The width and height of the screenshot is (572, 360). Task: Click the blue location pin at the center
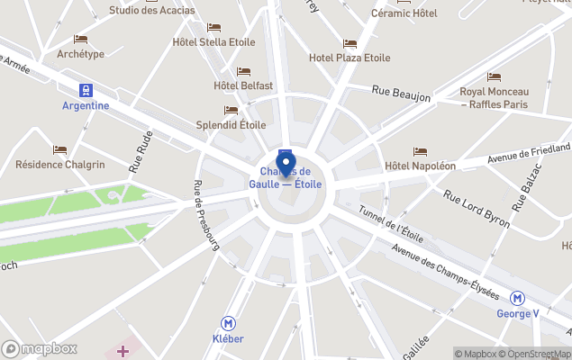pyautogui.click(x=286, y=166)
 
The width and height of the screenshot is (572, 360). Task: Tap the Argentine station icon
pyautogui.click(x=86, y=90)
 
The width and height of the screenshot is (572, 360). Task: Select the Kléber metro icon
pyautogui.click(x=230, y=323)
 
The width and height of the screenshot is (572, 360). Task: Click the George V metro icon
pyautogui.click(x=517, y=299)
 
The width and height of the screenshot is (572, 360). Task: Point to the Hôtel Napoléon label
pyautogui.click(x=420, y=166)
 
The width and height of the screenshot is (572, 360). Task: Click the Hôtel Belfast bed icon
pyautogui.click(x=243, y=72)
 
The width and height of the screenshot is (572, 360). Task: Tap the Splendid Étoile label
pyautogui.click(x=231, y=125)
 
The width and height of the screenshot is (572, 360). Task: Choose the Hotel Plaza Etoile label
pyautogui.click(x=350, y=58)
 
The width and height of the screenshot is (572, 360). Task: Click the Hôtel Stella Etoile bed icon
pyautogui.click(x=213, y=28)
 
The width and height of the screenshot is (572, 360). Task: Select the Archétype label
pyautogui.click(x=80, y=54)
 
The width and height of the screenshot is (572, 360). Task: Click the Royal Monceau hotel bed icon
pyautogui.click(x=494, y=77)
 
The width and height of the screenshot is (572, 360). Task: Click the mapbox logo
pyautogui.click(x=40, y=348)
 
